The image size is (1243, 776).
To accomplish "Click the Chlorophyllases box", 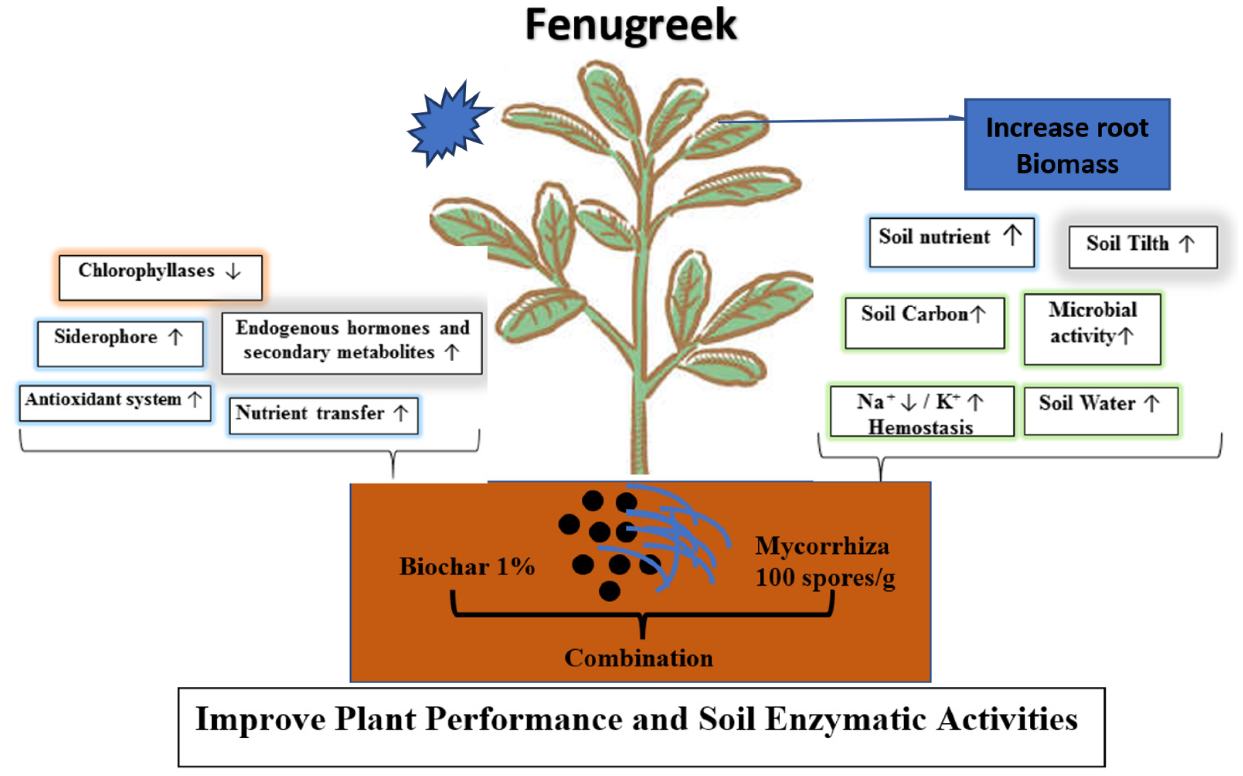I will pos(160,277).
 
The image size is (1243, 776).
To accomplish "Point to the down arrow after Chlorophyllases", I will pos(233,271).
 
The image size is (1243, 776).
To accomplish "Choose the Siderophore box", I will pos(120,343).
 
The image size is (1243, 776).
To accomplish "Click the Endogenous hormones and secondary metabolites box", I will pos(352,343).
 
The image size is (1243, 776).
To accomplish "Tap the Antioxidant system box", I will pos(115,403).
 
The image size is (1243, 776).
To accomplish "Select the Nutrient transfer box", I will pos(323,415).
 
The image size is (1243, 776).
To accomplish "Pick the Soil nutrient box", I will pos(951,242).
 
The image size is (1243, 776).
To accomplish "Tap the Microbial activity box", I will pos(1092,328).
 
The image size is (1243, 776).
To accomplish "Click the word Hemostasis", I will pos(920,427).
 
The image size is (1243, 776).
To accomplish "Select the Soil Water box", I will pos(1100,410).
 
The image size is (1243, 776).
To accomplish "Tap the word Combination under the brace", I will pos(639,658).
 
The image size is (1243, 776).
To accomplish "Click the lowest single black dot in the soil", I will pos(609,591).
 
